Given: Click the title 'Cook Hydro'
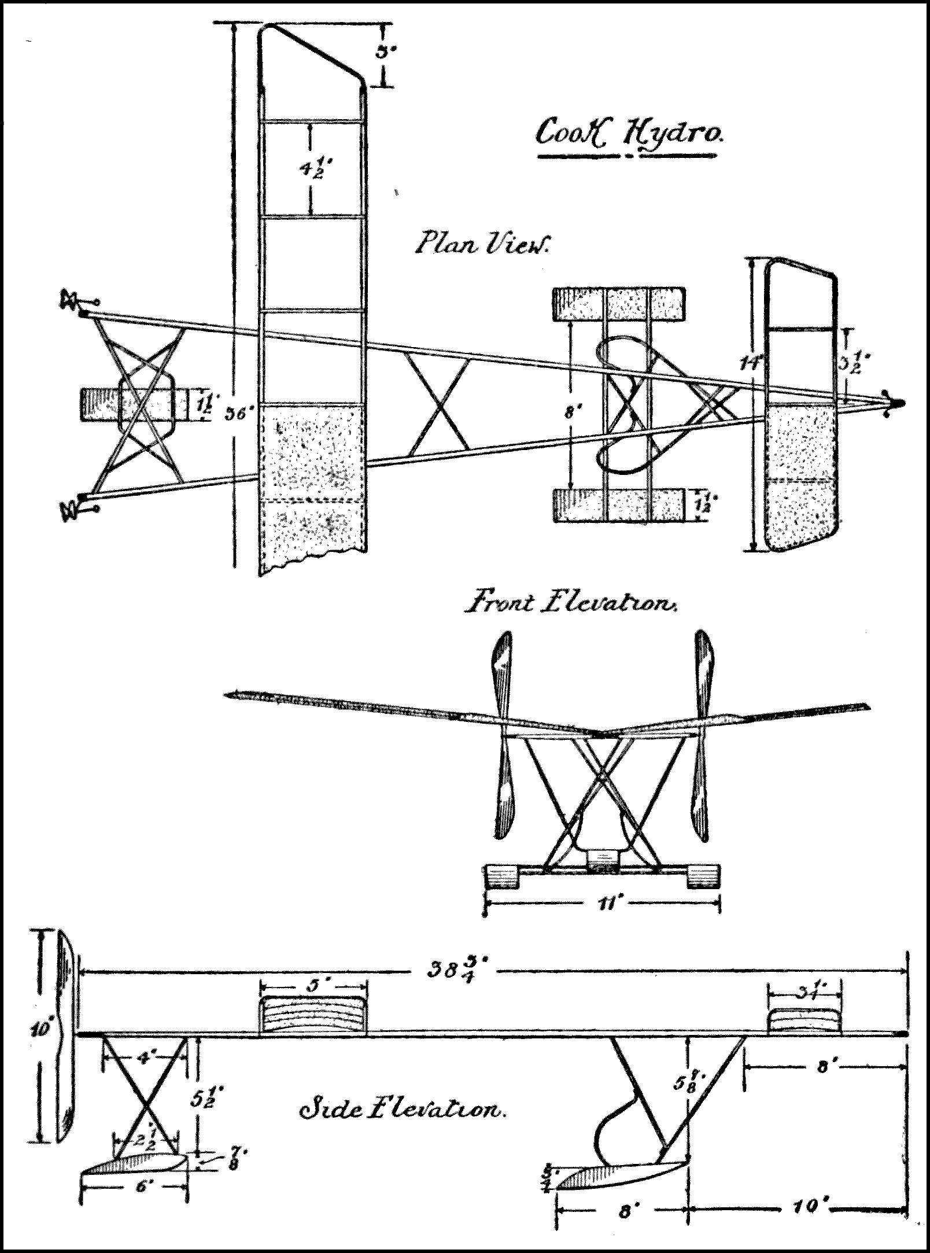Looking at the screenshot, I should tap(627, 135).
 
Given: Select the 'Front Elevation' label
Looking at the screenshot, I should tap(570, 604).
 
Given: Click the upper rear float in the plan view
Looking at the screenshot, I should tap(619, 304).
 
